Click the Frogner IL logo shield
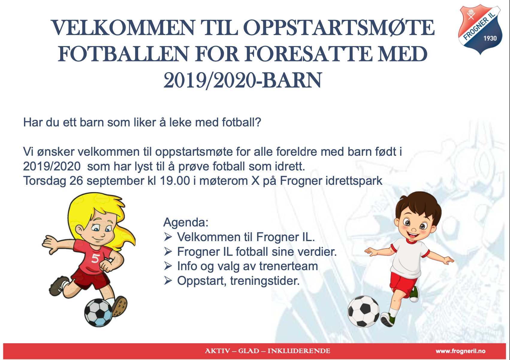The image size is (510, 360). click(480, 29)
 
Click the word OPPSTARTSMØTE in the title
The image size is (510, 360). click(339, 28)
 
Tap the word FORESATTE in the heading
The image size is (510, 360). click(306, 54)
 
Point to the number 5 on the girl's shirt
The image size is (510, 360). click(95, 258)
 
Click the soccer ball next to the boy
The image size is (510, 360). click(363, 311)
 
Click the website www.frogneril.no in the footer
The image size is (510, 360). click(460, 351)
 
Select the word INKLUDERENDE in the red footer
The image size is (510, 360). click(299, 351)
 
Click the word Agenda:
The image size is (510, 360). click(186, 223)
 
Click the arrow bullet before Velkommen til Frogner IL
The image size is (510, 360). click(168, 237)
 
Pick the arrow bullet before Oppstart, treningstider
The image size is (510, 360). click(168, 281)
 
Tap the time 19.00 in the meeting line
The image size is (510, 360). click(175, 181)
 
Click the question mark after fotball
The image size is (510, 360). click(258, 122)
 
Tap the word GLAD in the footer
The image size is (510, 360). click(249, 351)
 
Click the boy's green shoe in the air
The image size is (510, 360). click(414, 294)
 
